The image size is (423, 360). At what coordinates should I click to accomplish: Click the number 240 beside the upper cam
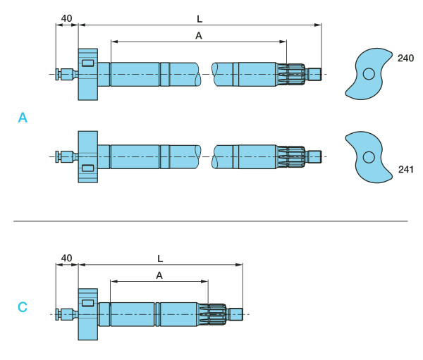(x=405, y=59)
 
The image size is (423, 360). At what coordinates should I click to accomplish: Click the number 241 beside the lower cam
(x=405, y=169)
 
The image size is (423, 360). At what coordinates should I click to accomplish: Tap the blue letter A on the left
(x=23, y=119)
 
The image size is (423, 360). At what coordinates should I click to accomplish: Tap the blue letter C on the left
(x=23, y=307)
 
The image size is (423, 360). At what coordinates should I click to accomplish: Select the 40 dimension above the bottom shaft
(x=66, y=258)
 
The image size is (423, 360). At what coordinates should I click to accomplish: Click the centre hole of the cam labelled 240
(x=368, y=73)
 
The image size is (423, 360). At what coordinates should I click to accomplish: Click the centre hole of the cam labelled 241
(x=368, y=156)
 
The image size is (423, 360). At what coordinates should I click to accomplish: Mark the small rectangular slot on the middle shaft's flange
(x=87, y=167)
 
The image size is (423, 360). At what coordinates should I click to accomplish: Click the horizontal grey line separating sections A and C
(x=211, y=221)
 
